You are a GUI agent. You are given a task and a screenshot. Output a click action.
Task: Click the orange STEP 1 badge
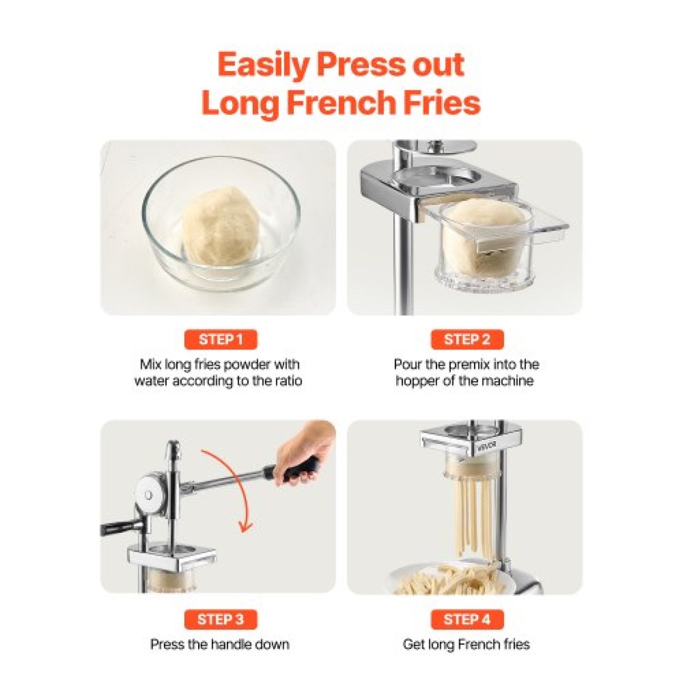coord(220,340)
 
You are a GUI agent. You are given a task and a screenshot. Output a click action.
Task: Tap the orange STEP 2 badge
coord(467,340)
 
